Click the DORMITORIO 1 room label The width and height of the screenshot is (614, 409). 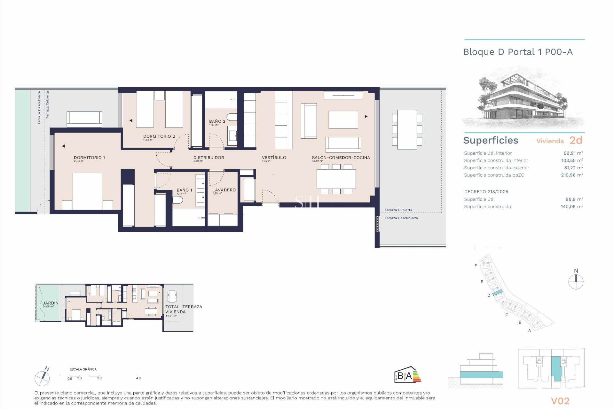(89, 158)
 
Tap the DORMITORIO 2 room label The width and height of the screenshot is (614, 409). (159, 136)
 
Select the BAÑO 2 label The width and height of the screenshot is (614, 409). (217, 121)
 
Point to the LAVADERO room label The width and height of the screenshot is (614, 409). (224, 190)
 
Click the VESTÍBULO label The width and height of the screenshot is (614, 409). (274, 158)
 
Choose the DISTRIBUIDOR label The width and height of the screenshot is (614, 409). (209, 158)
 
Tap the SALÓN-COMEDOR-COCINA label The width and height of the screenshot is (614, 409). (341, 158)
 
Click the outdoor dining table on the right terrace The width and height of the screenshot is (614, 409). (407, 129)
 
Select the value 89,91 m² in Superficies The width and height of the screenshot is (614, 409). (573, 153)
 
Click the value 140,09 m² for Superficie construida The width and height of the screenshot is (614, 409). (572, 207)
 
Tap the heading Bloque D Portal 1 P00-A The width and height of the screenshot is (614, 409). (518, 52)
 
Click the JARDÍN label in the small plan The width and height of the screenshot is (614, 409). (51, 303)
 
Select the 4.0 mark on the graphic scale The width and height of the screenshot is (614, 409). (138, 378)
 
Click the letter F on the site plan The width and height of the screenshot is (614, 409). (476, 266)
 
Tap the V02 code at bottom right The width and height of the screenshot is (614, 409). (560, 401)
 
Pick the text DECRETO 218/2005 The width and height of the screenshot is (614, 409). (486, 192)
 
